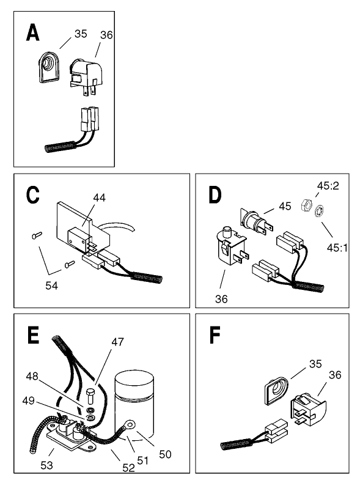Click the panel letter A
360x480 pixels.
click(x=33, y=32)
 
